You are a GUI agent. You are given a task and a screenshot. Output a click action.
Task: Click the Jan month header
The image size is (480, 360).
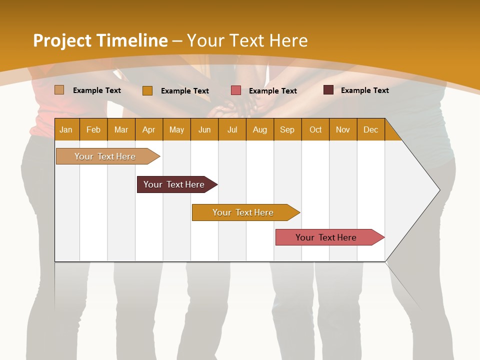[x=66, y=129]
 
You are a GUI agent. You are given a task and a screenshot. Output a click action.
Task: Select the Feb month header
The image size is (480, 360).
[x=93, y=129]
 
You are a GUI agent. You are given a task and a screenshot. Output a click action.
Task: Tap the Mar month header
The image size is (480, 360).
[x=121, y=129]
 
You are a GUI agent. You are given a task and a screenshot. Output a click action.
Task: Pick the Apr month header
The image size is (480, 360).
[x=149, y=129]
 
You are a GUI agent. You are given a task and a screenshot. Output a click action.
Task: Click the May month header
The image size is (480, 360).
[x=176, y=129]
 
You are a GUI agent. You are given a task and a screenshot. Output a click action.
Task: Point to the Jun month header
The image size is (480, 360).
[x=204, y=129]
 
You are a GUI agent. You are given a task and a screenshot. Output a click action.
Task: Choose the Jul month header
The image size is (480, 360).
[x=232, y=129]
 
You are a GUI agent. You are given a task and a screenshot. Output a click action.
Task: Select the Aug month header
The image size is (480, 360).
[x=260, y=129]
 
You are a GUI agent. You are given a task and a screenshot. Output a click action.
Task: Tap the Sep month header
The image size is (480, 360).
[x=287, y=129]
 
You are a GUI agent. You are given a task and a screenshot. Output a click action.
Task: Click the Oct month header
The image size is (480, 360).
[x=315, y=129]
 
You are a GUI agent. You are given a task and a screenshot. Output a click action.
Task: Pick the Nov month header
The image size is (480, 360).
[x=343, y=129]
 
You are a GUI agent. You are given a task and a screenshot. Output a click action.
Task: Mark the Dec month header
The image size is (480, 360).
[x=371, y=129]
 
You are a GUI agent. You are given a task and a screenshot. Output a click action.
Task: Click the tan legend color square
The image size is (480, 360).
[x=59, y=90]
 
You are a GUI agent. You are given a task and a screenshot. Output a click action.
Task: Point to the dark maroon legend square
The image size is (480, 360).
[x=328, y=90]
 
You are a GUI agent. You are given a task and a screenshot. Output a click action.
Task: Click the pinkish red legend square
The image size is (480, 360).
[x=236, y=90]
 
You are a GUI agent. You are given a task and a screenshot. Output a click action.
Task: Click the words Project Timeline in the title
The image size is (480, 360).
[x=100, y=40]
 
